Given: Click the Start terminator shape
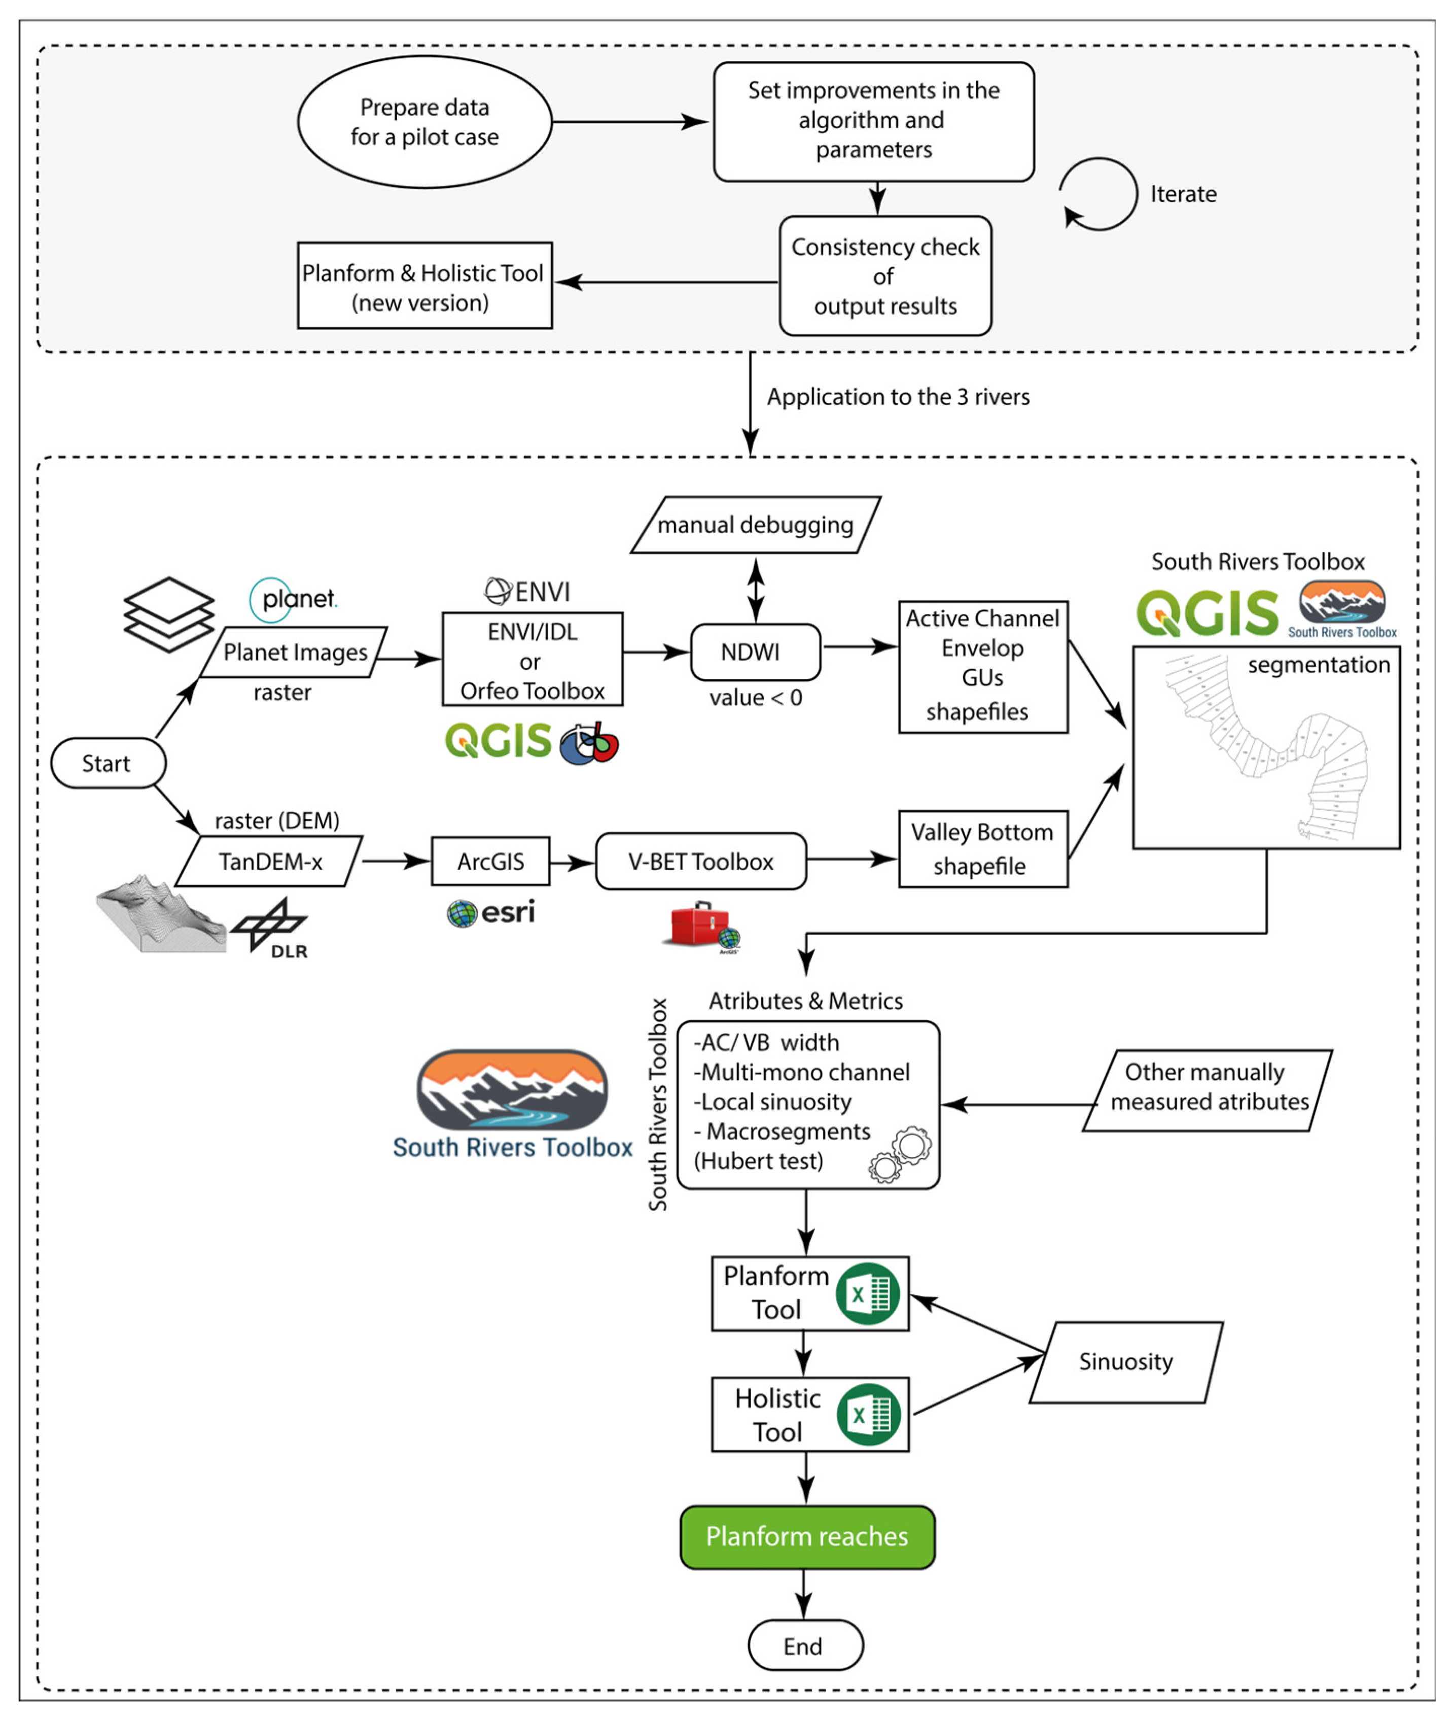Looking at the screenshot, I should click(x=108, y=763).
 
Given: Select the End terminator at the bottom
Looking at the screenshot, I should click(x=804, y=1646).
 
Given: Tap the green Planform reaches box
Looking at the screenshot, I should click(x=807, y=1536).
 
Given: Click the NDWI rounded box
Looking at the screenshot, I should click(x=754, y=651).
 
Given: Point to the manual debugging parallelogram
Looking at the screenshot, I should click(x=755, y=525).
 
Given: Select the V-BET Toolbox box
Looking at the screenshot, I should click(x=700, y=861).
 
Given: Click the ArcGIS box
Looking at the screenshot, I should click(x=490, y=861).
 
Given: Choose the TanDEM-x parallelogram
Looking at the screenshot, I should click(x=269, y=861).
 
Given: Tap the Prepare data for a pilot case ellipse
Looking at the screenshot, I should click(x=424, y=122).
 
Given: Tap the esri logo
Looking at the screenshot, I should click(x=491, y=912).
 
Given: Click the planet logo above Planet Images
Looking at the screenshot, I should click(x=294, y=599).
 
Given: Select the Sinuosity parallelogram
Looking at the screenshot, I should click(x=1126, y=1361).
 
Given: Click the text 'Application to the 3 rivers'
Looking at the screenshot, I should click(x=898, y=397).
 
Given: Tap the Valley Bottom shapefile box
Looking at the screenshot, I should click(x=982, y=848).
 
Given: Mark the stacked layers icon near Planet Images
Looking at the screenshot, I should click(x=169, y=614).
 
